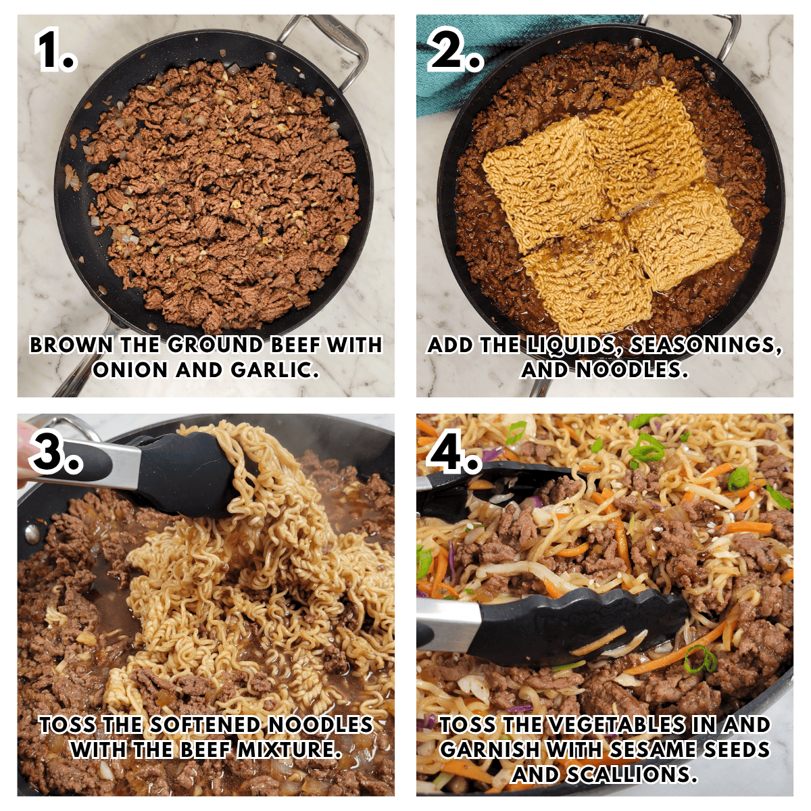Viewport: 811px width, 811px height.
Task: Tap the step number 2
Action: tap(454, 51)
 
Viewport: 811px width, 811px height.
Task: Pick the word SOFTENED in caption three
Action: tap(205, 725)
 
